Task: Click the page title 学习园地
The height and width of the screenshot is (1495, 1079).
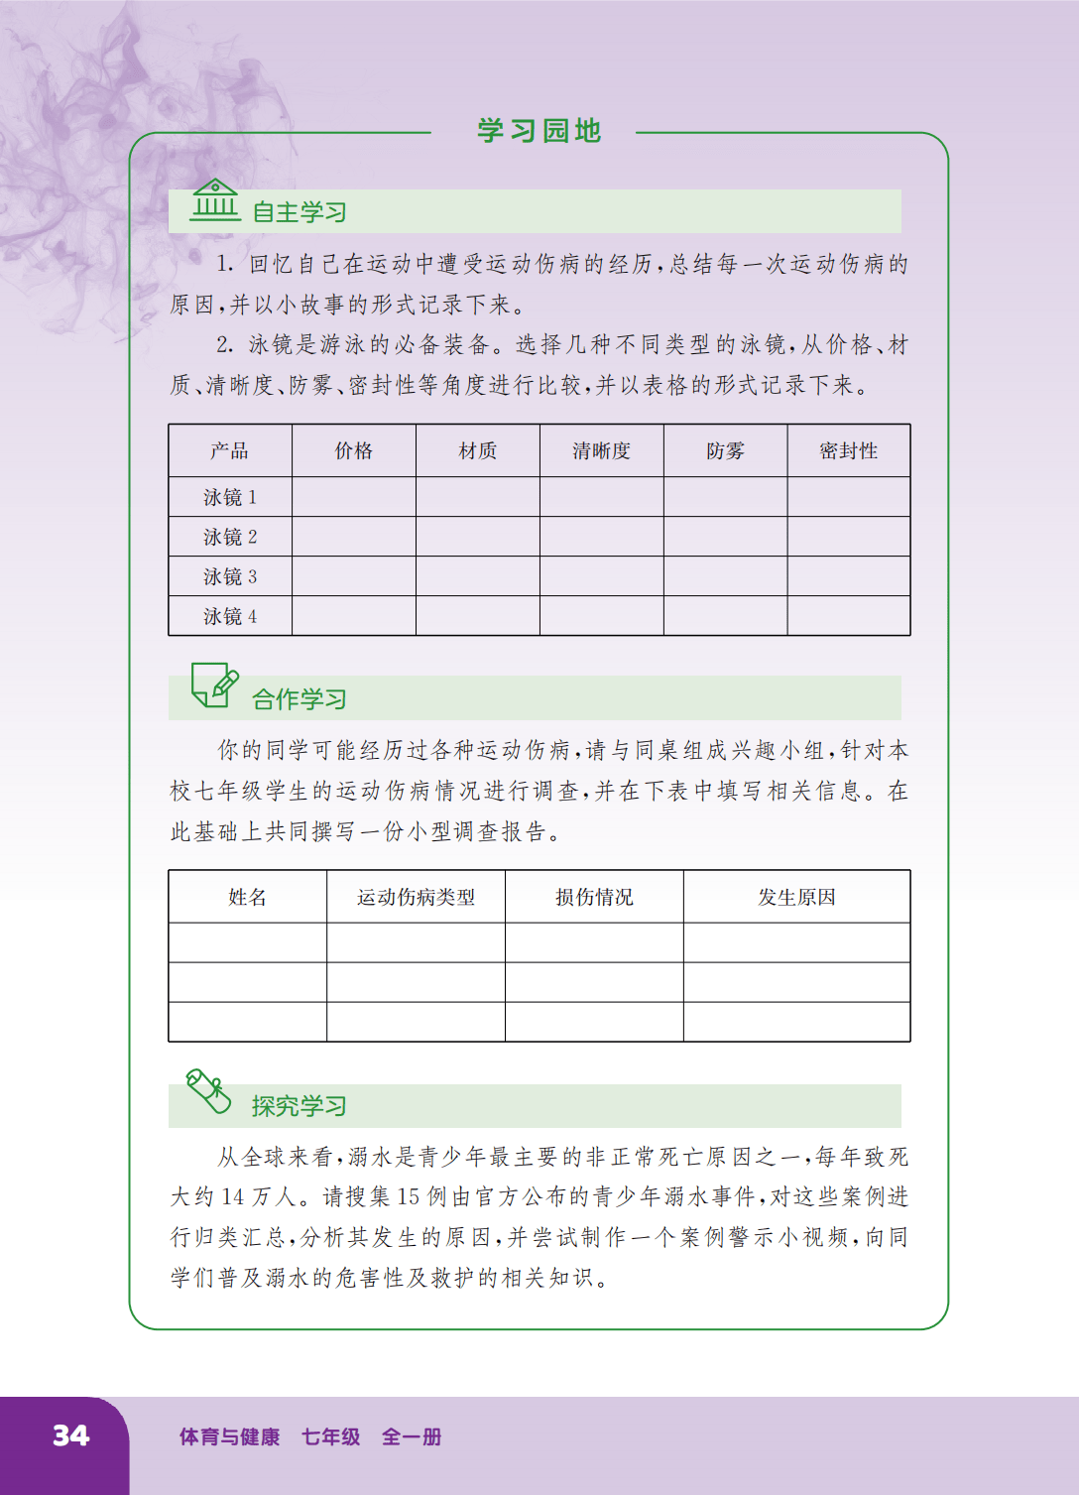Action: (x=539, y=131)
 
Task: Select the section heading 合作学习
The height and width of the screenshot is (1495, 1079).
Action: (x=299, y=699)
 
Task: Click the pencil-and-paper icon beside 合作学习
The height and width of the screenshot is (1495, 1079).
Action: (x=214, y=685)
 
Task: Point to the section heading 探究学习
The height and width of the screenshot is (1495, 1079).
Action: (x=299, y=1106)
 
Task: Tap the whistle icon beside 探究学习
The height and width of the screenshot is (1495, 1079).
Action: (x=208, y=1091)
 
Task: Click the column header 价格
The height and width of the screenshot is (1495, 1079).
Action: (x=353, y=451)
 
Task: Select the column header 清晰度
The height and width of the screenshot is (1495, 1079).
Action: (x=601, y=451)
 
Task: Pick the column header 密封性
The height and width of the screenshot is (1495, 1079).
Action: (x=848, y=451)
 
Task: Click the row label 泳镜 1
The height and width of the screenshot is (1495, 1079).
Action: (x=230, y=497)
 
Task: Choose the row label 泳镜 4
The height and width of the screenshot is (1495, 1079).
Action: (x=230, y=616)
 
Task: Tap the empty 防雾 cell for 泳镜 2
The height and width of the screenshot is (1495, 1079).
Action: (x=725, y=537)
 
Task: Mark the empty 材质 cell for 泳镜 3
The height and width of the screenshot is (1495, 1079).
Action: (x=477, y=576)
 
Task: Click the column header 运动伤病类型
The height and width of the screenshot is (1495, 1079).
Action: (x=416, y=898)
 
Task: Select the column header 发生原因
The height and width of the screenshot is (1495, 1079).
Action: (x=796, y=898)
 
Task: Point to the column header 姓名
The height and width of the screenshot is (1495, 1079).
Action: (x=247, y=898)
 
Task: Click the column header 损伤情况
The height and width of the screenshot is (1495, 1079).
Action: (x=593, y=898)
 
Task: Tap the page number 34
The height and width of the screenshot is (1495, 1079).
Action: (x=70, y=1435)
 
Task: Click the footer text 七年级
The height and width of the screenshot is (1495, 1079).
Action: (x=330, y=1436)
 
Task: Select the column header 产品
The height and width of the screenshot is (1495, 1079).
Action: (x=229, y=451)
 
